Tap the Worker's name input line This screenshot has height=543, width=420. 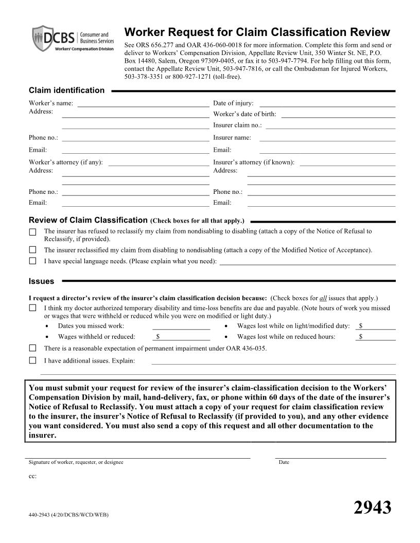(x=143, y=103)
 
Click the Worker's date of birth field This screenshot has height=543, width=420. (x=338, y=114)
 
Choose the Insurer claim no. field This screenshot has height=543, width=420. (x=330, y=125)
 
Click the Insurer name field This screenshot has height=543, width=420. (x=327, y=138)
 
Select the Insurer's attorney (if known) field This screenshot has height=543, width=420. (x=347, y=162)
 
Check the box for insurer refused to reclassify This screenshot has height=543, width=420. (x=33, y=232)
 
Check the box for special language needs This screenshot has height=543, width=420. (x=33, y=261)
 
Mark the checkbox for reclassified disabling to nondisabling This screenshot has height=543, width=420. (x=33, y=250)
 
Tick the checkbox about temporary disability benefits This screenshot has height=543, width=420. (x=33, y=309)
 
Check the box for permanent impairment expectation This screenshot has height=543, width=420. (x=33, y=349)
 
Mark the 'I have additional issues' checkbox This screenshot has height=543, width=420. (x=33, y=360)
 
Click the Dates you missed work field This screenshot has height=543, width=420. (x=181, y=326)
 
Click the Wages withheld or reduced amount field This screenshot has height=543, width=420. (x=183, y=337)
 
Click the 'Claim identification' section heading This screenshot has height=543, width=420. (x=66, y=90)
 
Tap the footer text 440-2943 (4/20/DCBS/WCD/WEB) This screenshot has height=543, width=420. (x=68, y=515)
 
